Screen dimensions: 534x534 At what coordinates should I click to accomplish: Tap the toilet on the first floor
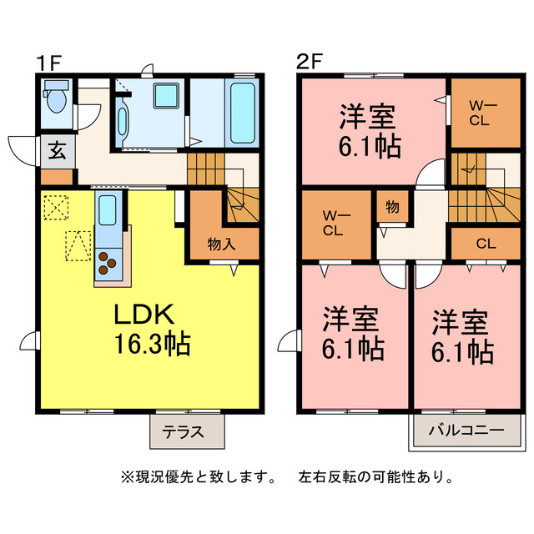56,100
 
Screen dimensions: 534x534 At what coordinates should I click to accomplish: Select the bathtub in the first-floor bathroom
243,113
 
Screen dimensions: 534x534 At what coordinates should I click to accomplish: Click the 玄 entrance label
57,152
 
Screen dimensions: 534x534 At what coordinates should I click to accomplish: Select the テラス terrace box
187,432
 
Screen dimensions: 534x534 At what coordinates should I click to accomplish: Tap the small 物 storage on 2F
392,206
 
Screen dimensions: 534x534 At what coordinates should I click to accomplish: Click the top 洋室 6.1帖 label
368,132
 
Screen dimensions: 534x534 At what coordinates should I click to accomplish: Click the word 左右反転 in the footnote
327,478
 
